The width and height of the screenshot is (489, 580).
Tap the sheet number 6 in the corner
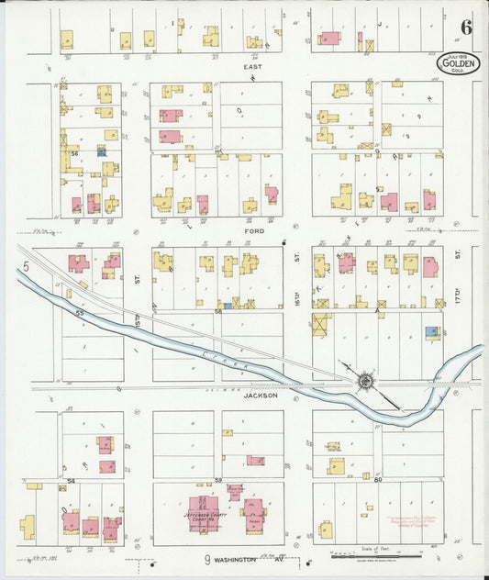[x=467, y=26]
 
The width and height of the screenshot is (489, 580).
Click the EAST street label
[x=252, y=67]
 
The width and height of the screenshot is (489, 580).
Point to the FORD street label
[x=254, y=231]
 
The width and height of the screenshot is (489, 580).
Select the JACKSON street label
[x=260, y=396]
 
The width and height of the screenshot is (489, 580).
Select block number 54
[x=71, y=480]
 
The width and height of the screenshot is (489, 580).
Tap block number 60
[x=377, y=479]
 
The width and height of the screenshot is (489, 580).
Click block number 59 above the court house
[x=218, y=479]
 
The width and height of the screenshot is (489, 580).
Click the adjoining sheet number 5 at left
[x=28, y=266]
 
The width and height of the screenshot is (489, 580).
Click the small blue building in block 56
[x=101, y=151]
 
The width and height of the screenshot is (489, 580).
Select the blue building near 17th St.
[x=431, y=332]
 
